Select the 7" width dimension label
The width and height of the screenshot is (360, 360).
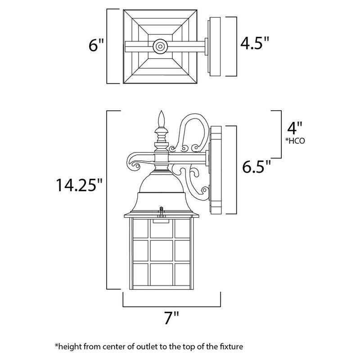pyautogui.click(x=171, y=320)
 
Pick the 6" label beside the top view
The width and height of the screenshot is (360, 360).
pyautogui.click(x=96, y=45)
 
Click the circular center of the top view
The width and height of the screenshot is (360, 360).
pyautogui.click(x=160, y=45)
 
